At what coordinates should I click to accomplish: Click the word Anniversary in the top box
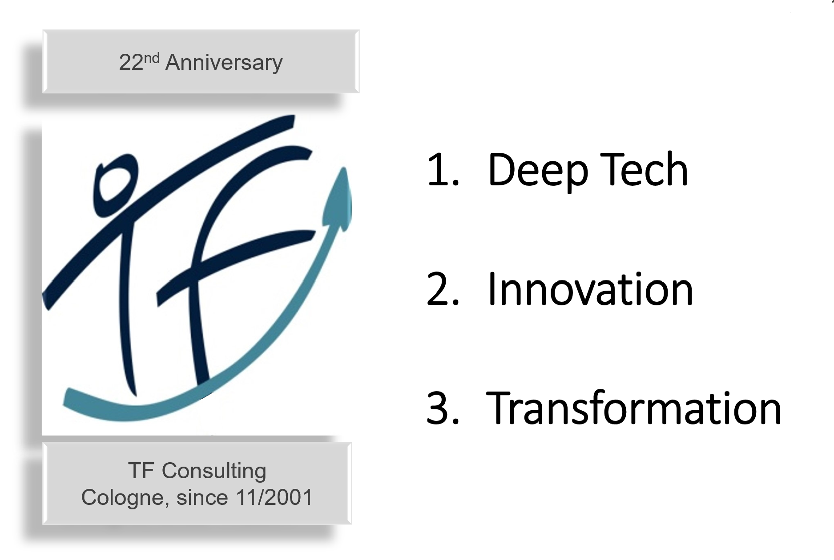pyautogui.click(x=224, y=63)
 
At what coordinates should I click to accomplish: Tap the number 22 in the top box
pyautogui.click(x=131, y=63)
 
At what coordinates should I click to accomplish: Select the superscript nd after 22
pyautogui.click(x=151, y=58)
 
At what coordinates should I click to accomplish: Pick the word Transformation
pyautogui.click(x=633, y=408)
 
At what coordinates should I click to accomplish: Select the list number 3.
pyautogui.click(x=442, y=408)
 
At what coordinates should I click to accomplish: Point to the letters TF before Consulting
pyautogui.click(x=141, y=471)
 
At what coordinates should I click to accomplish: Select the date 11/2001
pyautogui.click(x=274, y=497)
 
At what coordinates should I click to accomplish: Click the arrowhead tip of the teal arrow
pyautogui.click(x=343, y=168)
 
